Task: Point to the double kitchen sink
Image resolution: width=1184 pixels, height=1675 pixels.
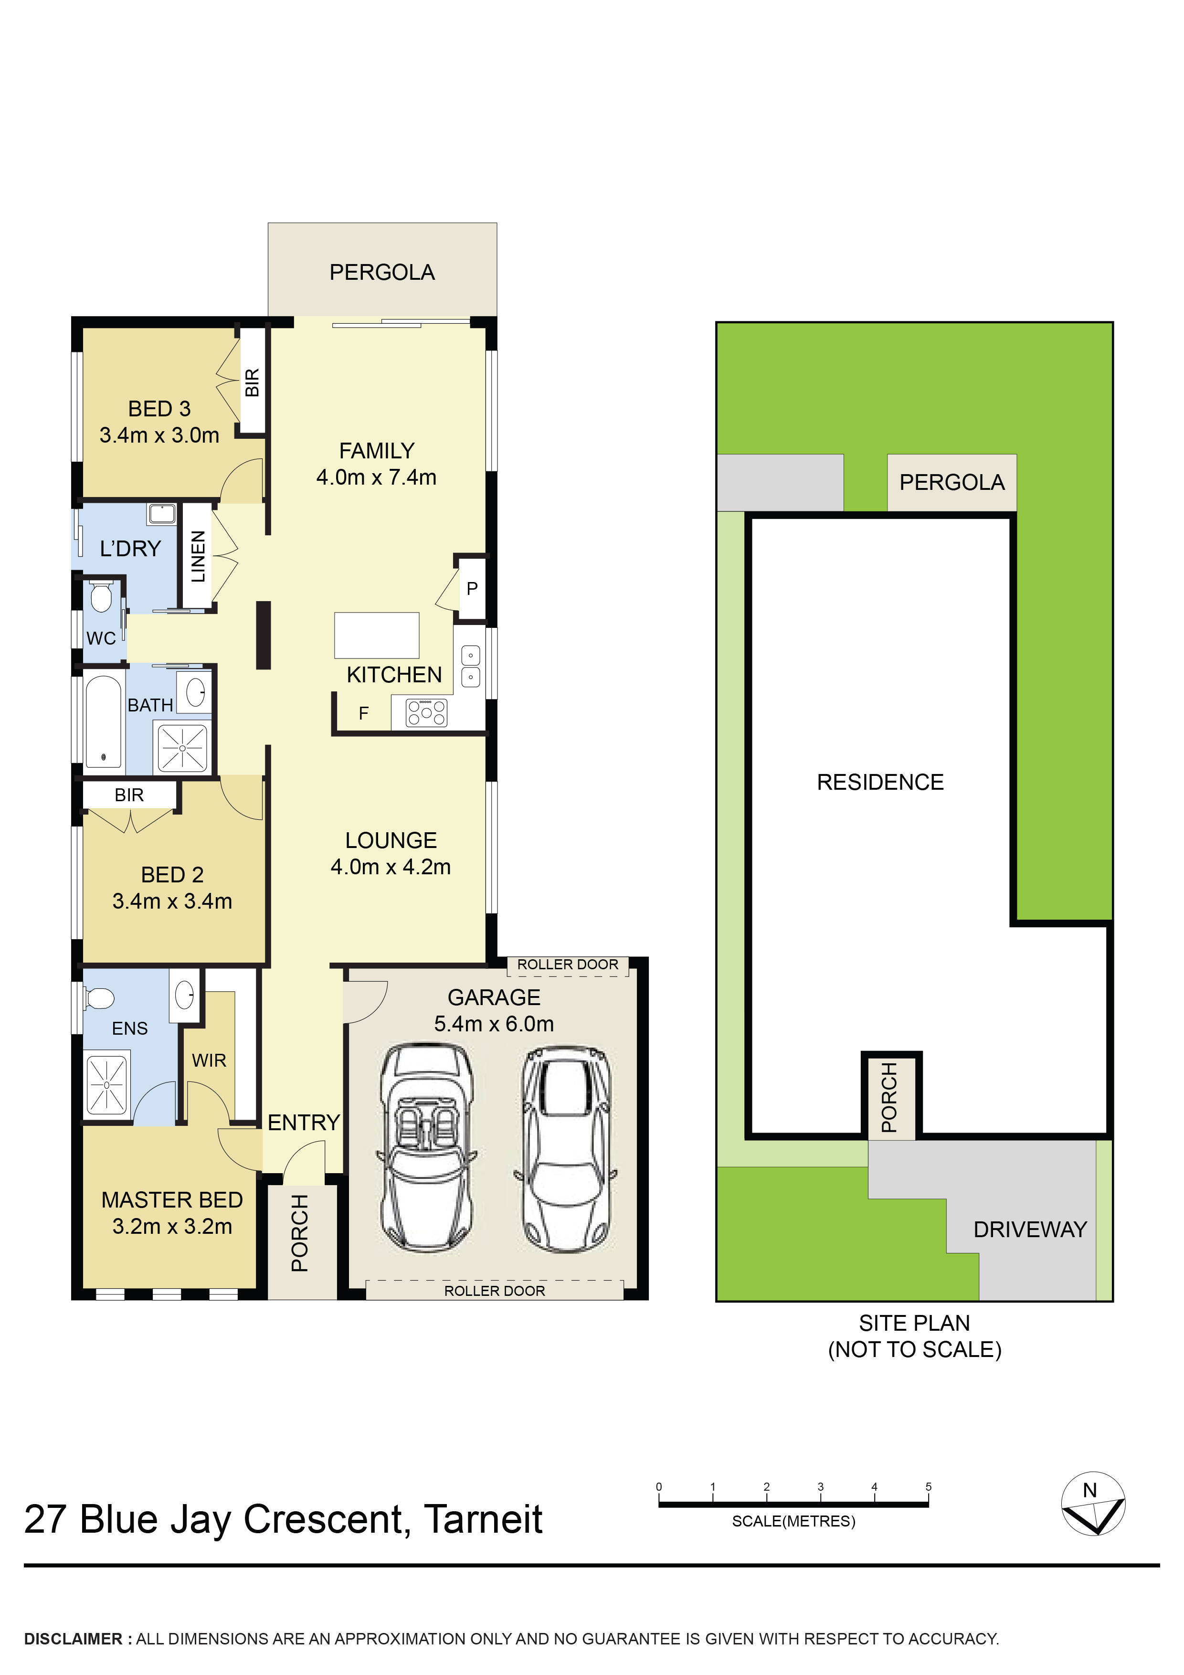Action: tap(471, 666)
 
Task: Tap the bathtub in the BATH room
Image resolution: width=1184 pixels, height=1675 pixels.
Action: tap(103, 721)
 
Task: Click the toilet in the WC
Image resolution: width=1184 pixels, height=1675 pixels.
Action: tap(101, 599)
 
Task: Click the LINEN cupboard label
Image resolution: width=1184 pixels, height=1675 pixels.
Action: tap(198, 557)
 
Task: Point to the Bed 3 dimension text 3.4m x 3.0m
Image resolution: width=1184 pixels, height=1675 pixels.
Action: tap(159, 435)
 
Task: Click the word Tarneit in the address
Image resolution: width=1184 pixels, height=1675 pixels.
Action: tap(483, 1520)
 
